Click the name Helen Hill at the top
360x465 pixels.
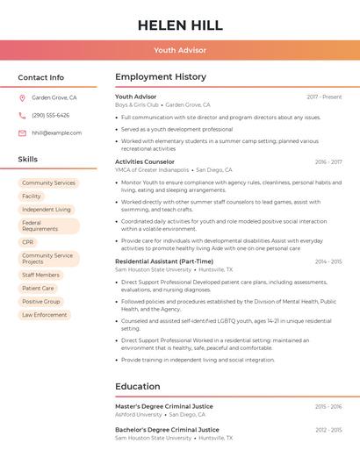point(180,25)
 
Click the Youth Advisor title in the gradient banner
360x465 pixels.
point(180,50)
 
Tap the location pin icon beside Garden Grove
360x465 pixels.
point(22,97)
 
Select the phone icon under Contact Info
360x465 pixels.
point(22,115)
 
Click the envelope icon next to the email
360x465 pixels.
point(22,132)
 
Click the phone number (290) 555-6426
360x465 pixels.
point(51,115)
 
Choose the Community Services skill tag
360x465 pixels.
point(48,182)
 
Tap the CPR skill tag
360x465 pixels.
point(28,242)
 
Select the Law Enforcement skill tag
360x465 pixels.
point(44,314)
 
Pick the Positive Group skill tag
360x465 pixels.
point(41,301)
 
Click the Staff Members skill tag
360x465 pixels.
point(40,275)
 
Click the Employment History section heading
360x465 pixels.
point(161,77)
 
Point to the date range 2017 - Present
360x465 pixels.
point(324,97)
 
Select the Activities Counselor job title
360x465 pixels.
point(145,161)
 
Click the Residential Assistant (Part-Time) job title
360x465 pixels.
point(164,261)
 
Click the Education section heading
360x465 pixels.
point(137,386)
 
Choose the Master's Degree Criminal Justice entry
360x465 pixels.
point(164,406)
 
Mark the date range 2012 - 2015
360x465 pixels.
point(328,429)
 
